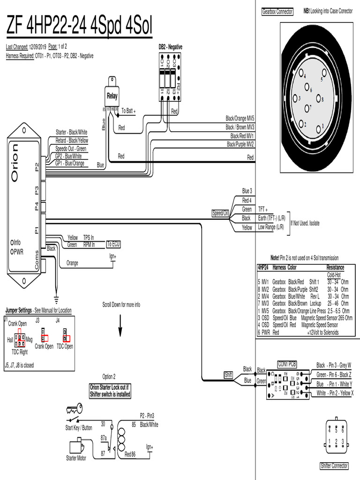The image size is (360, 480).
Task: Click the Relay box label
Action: point(112,97)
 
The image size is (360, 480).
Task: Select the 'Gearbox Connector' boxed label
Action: point(277,11)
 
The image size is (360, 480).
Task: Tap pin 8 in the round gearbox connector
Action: point(319,98)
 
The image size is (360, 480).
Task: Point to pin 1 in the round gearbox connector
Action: point(319,127)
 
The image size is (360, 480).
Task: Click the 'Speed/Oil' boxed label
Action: point(220,214)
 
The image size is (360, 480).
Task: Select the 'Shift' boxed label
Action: point(229,375)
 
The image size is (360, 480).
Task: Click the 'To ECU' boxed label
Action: point(113,244)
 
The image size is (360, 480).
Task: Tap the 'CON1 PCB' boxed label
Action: point(286,364)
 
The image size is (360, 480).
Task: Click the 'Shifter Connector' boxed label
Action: point(334,465)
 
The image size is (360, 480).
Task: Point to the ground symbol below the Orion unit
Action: point(56,299)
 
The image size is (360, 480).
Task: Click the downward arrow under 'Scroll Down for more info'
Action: point(120,325)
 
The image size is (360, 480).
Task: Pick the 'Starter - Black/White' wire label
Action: point(71,132)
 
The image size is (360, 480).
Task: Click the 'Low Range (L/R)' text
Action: point(271,227)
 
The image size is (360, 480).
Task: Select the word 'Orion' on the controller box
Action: point(15,163)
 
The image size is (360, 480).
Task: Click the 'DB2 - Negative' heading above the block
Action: point(170,47)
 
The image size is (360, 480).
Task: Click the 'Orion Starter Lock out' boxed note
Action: point(110,390)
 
